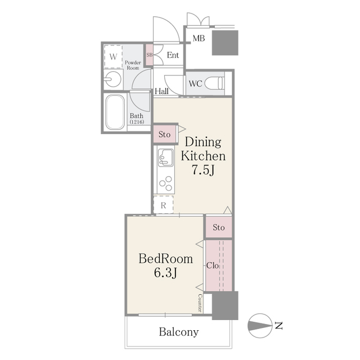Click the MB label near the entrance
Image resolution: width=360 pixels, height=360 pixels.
(199, 38)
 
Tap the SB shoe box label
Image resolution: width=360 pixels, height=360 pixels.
(150, 55)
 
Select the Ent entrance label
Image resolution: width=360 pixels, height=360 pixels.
(173, 55)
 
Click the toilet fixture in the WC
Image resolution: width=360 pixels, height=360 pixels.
(214, 83)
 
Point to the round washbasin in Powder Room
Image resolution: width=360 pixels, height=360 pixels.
(113, 79)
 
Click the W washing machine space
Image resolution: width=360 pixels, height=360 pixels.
(113, 56)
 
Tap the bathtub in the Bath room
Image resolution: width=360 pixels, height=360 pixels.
(115, 112)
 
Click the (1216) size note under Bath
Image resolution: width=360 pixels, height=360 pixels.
(137, 122)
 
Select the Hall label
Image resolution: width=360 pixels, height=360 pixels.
(161, 91)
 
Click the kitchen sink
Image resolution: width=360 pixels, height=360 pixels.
(166, 157)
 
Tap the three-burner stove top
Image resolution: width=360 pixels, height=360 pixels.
(166, 183)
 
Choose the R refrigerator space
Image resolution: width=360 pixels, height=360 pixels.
(163, 205)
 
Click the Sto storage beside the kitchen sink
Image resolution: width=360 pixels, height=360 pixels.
(165, 134)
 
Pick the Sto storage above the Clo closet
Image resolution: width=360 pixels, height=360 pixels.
(219, 227)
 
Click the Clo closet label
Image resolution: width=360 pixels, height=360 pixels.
(213, 265)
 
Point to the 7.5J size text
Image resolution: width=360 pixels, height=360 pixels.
(203, 170)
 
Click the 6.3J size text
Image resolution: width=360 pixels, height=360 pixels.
(165, 273)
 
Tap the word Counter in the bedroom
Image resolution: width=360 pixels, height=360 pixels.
(200, 303)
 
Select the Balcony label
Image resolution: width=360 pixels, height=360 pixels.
(179, 332)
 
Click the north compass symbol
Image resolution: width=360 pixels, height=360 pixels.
(260, 326)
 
